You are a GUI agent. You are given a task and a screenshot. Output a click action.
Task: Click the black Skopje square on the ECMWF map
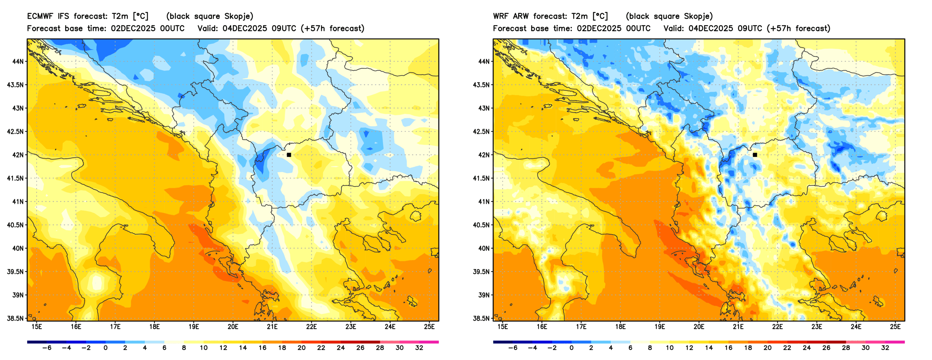coord(289,155)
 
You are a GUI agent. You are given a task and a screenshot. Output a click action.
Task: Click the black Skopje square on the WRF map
coord(755,155)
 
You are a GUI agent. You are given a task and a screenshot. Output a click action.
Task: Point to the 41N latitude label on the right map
coord(484,202)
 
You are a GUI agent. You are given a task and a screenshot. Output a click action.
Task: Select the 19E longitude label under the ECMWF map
coord(193,327)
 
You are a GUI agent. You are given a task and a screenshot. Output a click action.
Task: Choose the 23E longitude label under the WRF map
coord(817,327)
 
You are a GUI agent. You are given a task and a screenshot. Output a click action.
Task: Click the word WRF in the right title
coord(501,16)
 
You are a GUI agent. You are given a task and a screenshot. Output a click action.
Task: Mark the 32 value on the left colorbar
coord(419,348)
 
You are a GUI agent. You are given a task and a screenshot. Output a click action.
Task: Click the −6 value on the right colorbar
coord(513,348)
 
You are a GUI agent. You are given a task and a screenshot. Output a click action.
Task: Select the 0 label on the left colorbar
coord(106,348)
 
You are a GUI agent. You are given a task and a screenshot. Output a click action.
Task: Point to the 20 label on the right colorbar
coord(767,348)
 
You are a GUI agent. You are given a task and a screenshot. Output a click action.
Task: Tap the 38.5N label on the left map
coord(15,318)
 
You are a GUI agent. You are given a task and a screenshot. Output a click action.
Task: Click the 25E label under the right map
coord(895,327)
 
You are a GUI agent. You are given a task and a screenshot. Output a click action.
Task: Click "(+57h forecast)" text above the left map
coord(332,29)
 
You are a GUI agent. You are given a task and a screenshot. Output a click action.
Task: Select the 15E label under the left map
coord(37,327)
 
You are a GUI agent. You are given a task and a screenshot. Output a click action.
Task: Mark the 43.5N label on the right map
coord(481,85)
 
